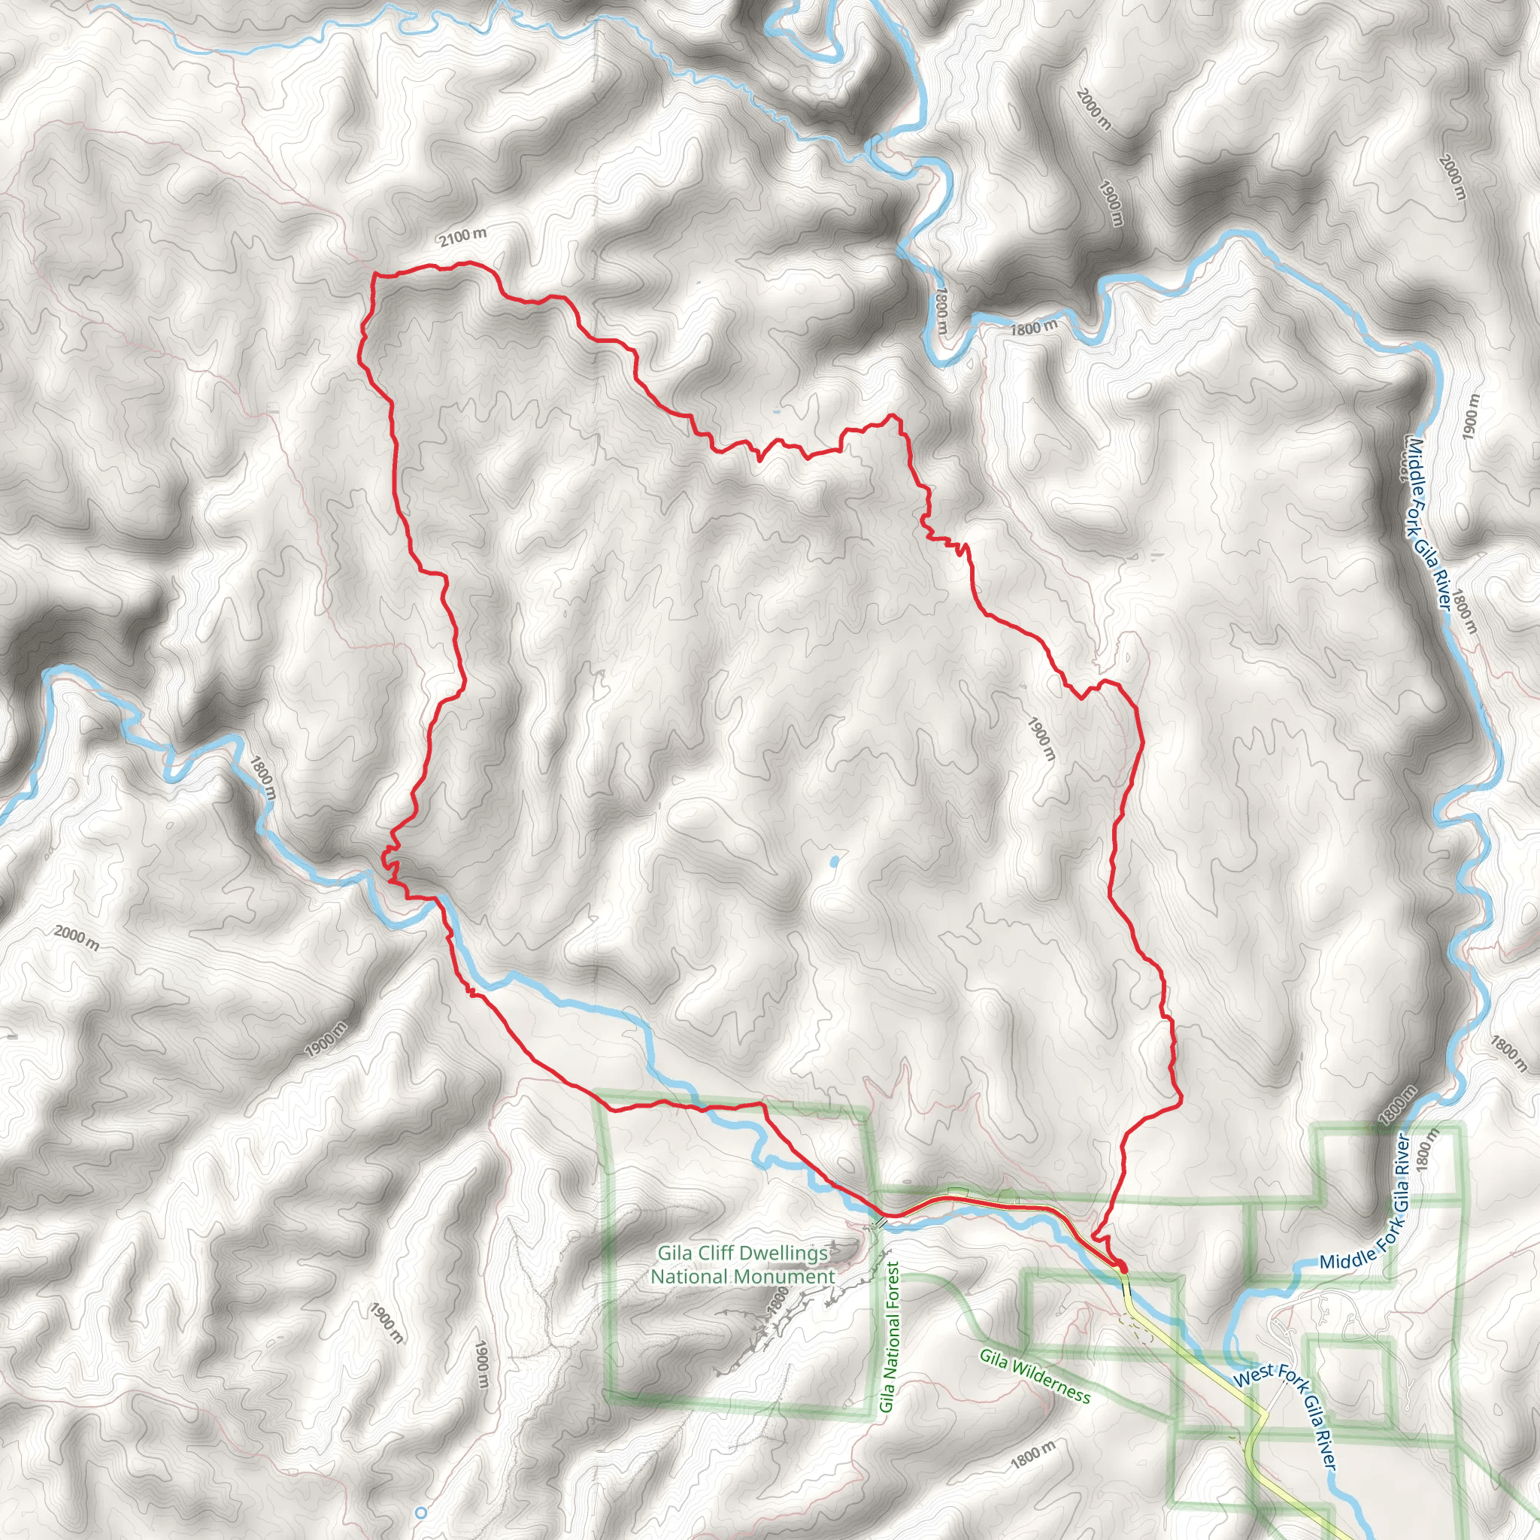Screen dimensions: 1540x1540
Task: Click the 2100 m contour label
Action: pyautogui.click(x=462, y=236)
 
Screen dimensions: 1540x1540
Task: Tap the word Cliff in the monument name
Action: pyautogui.click(x=717, y=1254)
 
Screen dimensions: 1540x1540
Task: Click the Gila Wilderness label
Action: pyautogui.click(x=1035, y=1376)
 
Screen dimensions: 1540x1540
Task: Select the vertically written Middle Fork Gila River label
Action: pyautogui.click(x=1425, y=523)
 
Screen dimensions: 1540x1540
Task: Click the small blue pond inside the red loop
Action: pyautogui.click(x=835, y=862)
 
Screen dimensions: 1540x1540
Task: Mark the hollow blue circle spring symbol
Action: pyautogui.click(x=422, y=1512)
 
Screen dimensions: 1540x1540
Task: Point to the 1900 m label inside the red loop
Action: pyautogui.click(x=1041, y=738)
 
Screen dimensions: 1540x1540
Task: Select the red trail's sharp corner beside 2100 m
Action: pyautogui.click(x=374, y=275)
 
